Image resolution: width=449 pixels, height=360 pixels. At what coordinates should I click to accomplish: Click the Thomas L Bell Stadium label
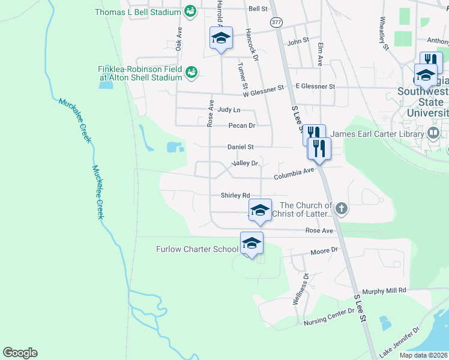click(x=137, y=12)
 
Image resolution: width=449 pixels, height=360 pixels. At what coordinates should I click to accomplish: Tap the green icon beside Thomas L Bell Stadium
click(x=190, y=11)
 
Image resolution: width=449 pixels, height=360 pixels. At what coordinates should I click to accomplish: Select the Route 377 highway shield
click(x=276, y=22)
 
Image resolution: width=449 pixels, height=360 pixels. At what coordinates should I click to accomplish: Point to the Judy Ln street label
click(x=229, y=110)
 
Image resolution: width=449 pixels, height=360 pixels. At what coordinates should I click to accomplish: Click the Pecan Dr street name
click(x=242, y=126)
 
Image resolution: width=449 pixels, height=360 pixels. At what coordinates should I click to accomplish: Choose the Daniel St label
click(x=241, y=147)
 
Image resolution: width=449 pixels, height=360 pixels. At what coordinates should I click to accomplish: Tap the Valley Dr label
click(x=245, y=163)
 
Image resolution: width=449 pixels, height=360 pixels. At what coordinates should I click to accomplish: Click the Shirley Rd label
click(x=235, y=196)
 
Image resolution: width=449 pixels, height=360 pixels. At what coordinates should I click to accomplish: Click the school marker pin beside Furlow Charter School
click(x=252, y=243)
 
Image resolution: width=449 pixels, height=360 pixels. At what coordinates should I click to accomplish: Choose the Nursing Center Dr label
click(x=329, y=317)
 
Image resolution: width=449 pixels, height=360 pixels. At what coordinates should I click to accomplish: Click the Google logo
click(x=20, y=353)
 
